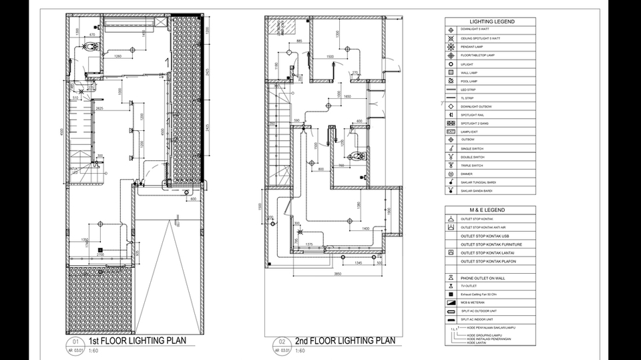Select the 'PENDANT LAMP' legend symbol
[451, 47]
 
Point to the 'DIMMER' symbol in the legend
[451, 174]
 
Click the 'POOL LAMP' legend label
[473, 81]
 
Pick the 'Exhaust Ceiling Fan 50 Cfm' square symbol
[451, 294]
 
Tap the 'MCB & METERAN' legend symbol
[451, 303]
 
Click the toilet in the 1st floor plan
[90, 49]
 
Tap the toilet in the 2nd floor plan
[359, 156]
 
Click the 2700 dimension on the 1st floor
[100, 254]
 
